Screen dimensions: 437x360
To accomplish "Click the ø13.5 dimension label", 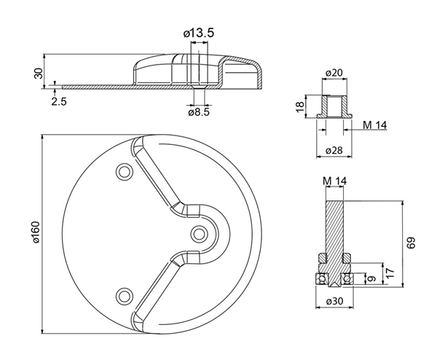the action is pyautogui.click(x=199, y=34).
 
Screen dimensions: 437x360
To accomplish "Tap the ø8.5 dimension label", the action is pyautogui.click(x=199, y=112).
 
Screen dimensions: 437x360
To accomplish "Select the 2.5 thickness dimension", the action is pyautogui.click(x=59, y=101).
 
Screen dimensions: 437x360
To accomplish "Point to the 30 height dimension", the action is pyautogui.click(x=39, y=74).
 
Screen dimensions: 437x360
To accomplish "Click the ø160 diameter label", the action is pyautogui.click(x=36, y=232).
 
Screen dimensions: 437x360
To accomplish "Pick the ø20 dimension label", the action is pyautogui.click(x=334, y=73).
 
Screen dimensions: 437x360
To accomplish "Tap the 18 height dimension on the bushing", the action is pyautogui.click(x=300, y=107).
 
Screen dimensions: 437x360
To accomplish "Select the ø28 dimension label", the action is pyautogui.click(x=334, y=151).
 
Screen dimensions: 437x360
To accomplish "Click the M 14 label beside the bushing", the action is pyautogui.click(x=375, y=125).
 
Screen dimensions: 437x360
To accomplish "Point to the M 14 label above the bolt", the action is pyautogui.click(x=334, y=181).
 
